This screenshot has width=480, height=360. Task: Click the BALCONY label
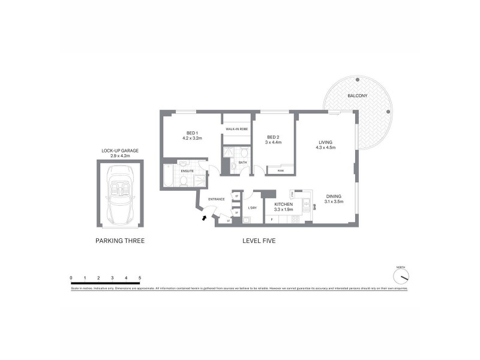pos(357,96)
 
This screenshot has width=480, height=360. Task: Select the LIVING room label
pos(326,142)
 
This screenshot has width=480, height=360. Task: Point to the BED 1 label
pos(192,133)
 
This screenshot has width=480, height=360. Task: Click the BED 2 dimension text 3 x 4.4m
pos(274,143)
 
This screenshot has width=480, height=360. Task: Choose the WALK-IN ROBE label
pos(235,129)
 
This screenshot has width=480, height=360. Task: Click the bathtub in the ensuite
pos(167,178)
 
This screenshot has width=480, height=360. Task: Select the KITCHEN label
pos(283,205)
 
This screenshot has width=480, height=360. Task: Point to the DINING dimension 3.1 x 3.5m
pos(335,202)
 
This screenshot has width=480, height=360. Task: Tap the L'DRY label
pos(252,208)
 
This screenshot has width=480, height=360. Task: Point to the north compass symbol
pos(401,276)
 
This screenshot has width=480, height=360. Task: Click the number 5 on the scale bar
pos(140,277)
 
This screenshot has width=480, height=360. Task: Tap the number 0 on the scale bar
pos(71,277)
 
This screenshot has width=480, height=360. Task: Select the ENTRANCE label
pos(216,199)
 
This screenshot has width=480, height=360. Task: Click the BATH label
pos(242,162)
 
